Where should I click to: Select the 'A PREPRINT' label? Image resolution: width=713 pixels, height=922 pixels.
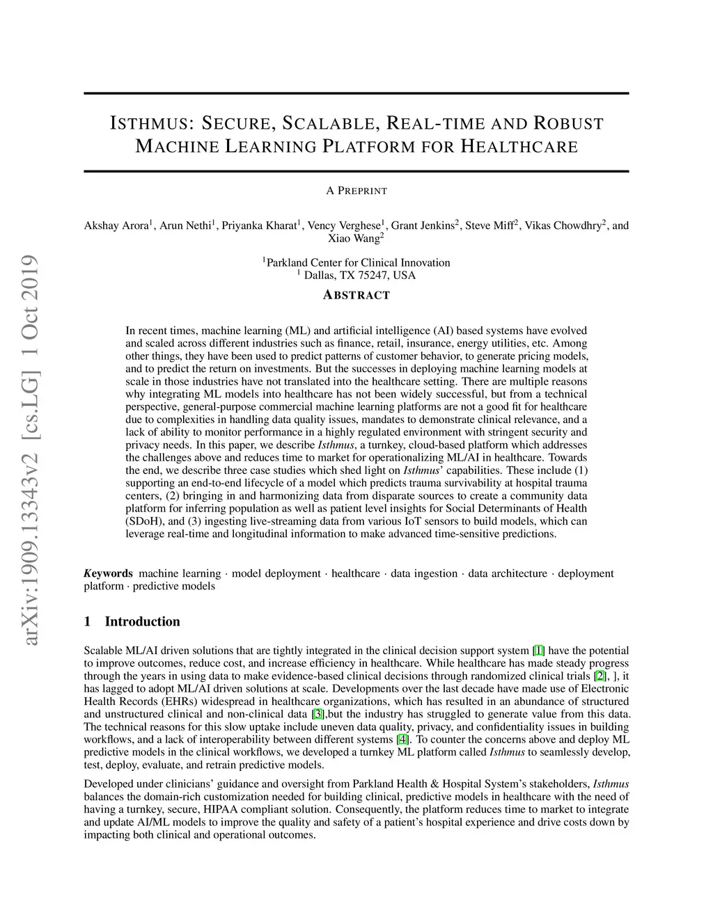[356, 191]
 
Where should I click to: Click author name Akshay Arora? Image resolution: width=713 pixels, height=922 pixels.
[116, 225]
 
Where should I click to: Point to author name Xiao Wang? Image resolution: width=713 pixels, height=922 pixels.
[354, 238]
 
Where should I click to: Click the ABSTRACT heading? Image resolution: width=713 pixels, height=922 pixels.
[356, 295]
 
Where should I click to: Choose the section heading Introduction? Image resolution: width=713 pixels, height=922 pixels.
[142, 621]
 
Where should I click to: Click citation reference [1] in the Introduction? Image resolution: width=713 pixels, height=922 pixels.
[538, 651]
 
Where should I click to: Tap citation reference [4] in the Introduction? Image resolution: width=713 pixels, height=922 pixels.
[402, 739]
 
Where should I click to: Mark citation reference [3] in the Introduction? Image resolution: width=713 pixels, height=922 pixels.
[318, 714]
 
